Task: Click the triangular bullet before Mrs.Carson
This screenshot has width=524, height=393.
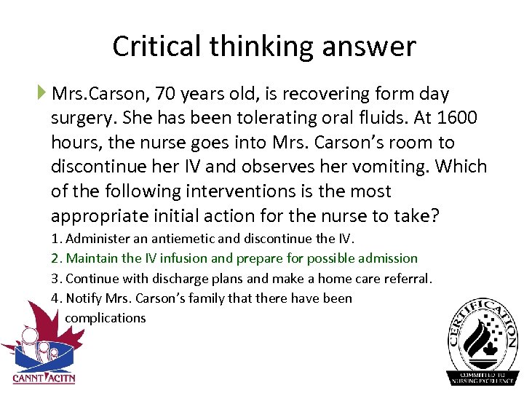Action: pos(42,93)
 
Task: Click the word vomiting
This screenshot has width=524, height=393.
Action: pos(390,167)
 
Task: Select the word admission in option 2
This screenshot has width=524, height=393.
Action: pos(389,258)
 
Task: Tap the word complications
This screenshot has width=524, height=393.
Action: pos(105,317)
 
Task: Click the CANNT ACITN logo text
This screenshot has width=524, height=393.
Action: pos(44,378)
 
